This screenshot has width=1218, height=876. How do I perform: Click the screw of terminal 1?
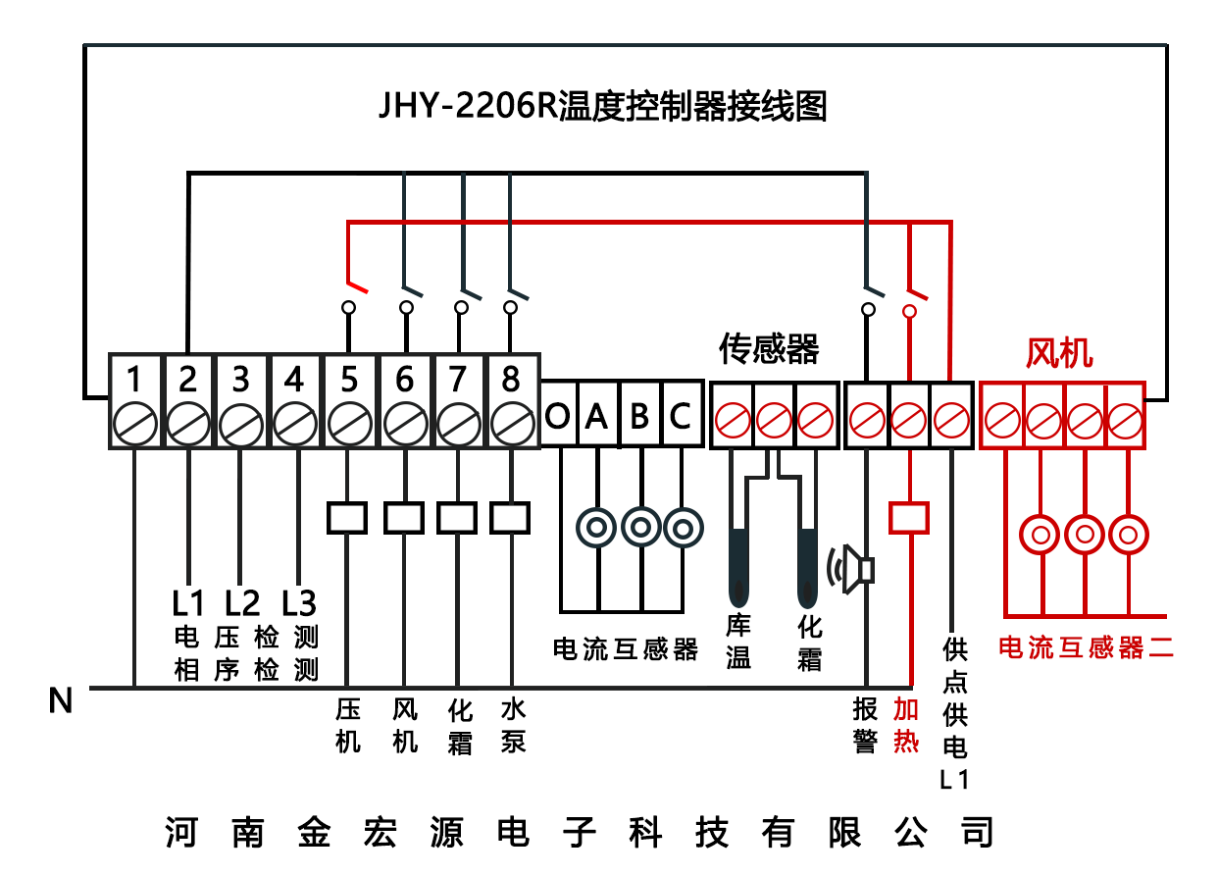(x=134, y=424)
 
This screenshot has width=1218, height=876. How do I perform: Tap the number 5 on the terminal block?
(x=346, y=379)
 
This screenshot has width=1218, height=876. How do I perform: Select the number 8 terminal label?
(x=510, y=379)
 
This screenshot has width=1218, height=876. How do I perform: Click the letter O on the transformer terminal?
(x=558, y=417)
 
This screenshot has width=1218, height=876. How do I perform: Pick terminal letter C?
(x=680, y=417)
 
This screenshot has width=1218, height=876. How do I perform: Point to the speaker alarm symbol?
(x=851, y=569)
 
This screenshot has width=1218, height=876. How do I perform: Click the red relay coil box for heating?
(x=908, y=517)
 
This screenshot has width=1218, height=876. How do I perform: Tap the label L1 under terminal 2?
(x=187, y=601)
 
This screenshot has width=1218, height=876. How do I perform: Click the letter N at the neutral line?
(x=61, y=700)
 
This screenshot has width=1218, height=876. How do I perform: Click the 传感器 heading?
(x=769, y=348)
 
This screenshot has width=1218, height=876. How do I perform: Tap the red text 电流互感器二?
(x=1086, y=647)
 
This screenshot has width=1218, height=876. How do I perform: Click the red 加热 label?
(x=906, y=726)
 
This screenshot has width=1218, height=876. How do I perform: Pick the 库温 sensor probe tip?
(x=738, y=593)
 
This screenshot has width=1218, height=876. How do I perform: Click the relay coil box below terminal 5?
(x=346, y=517)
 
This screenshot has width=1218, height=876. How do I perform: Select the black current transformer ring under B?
(x=639, y=528)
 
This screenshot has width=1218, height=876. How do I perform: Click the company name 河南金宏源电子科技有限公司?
(x=579, y=833)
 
